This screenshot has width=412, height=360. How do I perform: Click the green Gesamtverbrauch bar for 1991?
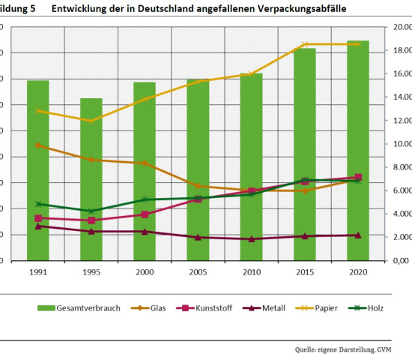pos(38,172)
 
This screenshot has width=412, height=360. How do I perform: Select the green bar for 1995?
pos(91,180)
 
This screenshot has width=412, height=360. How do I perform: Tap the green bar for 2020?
pos(358,150)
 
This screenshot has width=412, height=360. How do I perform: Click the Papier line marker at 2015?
pos(305,44)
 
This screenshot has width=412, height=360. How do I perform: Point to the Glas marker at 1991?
pos(38,145)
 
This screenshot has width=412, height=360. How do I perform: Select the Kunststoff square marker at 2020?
pos(358,177)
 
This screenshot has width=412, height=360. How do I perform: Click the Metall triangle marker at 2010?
pos(252,239)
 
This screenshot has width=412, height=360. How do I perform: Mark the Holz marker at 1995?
pos(91,211)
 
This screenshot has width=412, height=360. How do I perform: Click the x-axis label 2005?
pos(198,273)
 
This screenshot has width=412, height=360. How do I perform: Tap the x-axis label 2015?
pos(305,273)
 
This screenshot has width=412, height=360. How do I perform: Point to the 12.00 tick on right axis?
pos(399,121)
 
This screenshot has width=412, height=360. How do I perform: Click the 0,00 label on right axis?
pos(401,261)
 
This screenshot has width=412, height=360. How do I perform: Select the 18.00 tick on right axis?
pos(399,51)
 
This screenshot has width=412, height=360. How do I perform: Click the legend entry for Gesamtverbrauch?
pos(79,308)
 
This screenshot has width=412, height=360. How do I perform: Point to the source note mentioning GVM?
pos(352,349)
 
